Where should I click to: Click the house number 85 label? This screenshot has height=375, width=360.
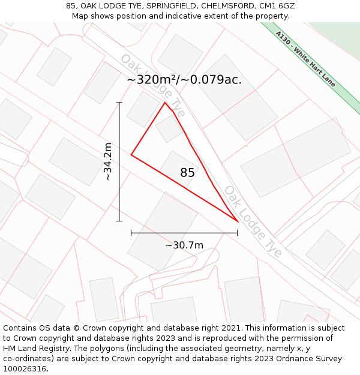[187, 173]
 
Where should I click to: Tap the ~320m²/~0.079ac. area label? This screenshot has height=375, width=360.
[184, 80]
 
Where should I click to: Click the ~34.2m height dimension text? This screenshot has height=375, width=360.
[108, 161]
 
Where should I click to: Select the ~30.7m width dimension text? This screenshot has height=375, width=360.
[184, 245]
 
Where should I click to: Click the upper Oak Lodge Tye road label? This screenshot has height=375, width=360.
[153, 86]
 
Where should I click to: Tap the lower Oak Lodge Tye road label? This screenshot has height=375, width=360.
[253, 221]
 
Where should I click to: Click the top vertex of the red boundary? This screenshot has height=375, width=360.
[165, 103]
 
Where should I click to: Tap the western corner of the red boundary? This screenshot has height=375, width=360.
[131, 155]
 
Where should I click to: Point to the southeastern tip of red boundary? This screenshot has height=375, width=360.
[238, 222]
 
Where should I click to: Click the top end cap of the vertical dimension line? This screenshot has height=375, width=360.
[119, 103]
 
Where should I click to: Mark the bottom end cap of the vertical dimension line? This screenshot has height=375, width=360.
[119, 221]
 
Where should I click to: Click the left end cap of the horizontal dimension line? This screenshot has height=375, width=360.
[131, 233]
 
